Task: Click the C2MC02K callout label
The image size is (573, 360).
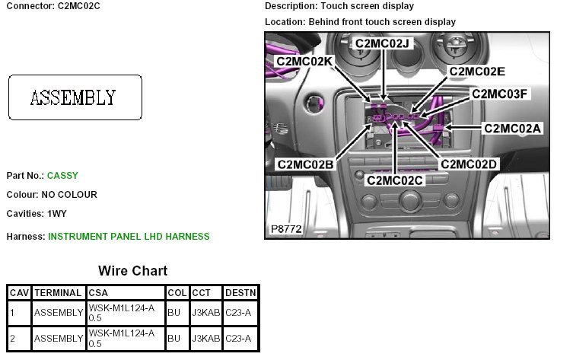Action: pos(304,61)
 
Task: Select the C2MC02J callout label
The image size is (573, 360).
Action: pos(383,43)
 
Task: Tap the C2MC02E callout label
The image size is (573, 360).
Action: pos(477,72)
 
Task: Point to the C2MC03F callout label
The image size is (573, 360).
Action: pos(499,94)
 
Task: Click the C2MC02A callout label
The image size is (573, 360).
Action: pos(513,128)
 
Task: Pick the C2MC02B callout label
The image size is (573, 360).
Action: pos(305,164)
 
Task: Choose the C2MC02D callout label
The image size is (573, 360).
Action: pos(469,164)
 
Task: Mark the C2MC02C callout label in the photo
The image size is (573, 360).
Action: pos(394,180)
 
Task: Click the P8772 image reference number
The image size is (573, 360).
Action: pos(286,228)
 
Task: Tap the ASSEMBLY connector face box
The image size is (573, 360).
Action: pos(75,97)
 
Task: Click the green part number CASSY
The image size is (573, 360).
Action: pos(62,176)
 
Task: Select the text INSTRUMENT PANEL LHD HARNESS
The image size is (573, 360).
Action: pos(129,237)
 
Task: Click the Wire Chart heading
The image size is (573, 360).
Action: pos(132,271)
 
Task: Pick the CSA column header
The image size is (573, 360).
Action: pos(98,292)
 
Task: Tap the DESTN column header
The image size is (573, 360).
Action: pos(240,292)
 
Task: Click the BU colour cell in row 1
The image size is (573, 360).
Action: pos(174,312)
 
